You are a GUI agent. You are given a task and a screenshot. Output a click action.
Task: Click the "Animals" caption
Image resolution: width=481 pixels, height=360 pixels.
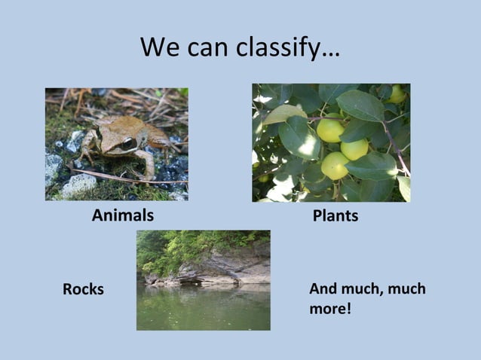(x=123, y=215)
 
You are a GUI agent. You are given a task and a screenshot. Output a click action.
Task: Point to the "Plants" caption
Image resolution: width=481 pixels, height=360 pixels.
(x=335, y=216)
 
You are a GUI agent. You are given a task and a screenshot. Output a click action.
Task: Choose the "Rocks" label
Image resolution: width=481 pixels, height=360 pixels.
(x=83, y=289)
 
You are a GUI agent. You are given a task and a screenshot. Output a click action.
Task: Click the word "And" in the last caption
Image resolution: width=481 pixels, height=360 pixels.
(x=325, y=288)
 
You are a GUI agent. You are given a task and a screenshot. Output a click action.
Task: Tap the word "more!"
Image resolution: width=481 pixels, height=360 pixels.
(x=330, y=308)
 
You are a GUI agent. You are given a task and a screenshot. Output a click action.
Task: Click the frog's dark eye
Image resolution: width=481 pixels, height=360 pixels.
(x=129, y=143)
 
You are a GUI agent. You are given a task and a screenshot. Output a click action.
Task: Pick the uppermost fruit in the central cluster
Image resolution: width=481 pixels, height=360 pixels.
(x=330, y=130)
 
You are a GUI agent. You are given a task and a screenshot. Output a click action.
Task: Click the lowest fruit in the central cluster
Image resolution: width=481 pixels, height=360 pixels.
(x=334, y=166)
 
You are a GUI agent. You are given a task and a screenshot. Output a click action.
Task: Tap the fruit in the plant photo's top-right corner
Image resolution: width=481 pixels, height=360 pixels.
(x=397, y=94)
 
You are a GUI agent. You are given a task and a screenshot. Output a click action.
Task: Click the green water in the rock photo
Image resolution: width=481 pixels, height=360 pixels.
(x=204, y=309)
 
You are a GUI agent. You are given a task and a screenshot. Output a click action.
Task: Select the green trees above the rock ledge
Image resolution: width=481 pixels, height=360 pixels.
(x=173, y=249)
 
